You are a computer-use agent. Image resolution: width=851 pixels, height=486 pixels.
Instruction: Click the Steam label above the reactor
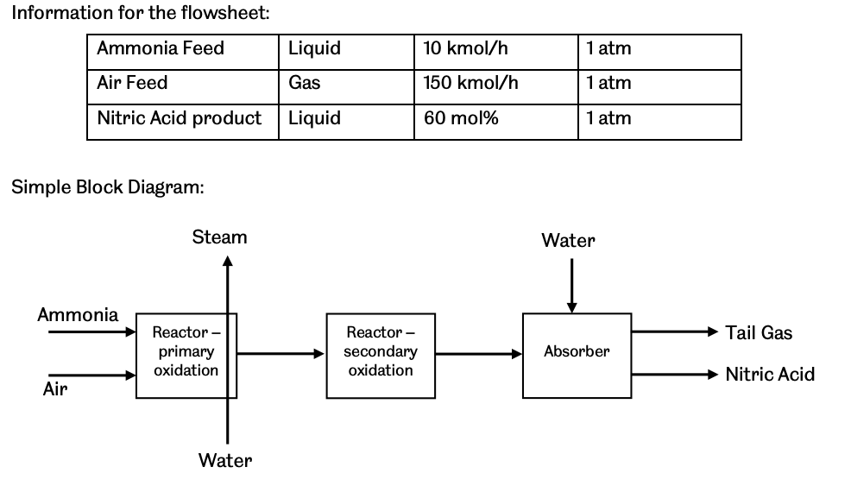(x=219, y=237)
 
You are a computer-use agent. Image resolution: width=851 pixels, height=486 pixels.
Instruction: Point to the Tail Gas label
(x=759, y=333)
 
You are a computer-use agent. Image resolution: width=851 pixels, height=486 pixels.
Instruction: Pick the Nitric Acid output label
(x=770, y=375)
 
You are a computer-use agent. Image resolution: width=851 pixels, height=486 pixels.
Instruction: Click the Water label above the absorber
(x=568, y=241)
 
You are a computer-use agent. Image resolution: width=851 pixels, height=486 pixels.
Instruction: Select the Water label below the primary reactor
(x=225, y=460)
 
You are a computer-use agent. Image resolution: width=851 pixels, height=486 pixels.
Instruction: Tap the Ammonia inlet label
(x=78, y=315)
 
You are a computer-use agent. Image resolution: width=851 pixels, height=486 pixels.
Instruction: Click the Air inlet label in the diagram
(x=55, y=389)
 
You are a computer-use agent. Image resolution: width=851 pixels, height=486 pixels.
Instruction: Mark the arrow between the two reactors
(x=281, y=353)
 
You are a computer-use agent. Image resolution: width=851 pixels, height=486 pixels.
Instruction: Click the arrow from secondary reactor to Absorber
(x=478, y=353)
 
